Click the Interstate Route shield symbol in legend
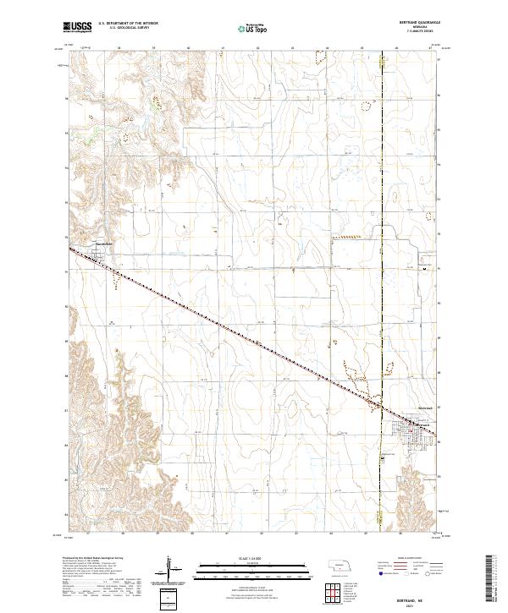click(378, 575)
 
